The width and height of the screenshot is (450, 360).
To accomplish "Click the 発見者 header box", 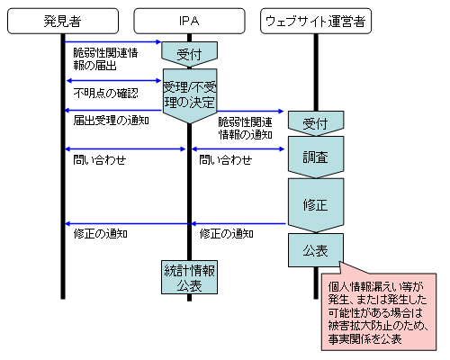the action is pyautogui.click(x=63, y=21).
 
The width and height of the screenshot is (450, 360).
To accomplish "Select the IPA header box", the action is pyautogui.click(x=189, y=21).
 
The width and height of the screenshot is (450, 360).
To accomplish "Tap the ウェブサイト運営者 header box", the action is pyautogui.click(x=316, y=21).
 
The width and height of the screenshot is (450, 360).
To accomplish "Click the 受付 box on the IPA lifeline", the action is pyautogui.click(x=189, y=54).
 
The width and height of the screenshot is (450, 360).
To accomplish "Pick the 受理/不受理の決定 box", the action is pyautogui.click(x=190, y=95).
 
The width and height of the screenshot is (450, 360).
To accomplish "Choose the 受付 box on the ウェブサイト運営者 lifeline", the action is pyautogui.click(x=316, y=123).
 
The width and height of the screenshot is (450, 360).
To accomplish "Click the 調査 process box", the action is pyautogui.click(x=316, y=157).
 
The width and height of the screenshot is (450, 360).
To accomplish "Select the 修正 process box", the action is pyautogui.click(x=316, y=205).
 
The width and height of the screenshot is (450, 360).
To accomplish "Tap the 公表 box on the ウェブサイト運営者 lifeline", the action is pyautogui.click(x=316, y=250).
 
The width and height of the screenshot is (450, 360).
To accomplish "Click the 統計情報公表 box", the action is pyautogui.click(x=189, y=277).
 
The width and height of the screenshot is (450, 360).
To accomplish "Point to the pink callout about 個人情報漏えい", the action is pyautogui.click(x=379, y=311).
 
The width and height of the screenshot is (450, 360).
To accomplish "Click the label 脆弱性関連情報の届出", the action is pyautogui.click(x=105, y=59).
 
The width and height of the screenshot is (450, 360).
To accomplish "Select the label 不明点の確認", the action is pyautogui.click(x=105, y=94).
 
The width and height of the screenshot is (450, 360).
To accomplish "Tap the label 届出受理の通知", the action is pyautogui.click(x=111, y=121).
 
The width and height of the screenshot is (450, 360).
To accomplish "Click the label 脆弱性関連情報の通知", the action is pyautogui.click(x=246, y=129).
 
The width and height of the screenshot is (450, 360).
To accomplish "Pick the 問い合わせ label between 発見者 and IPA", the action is pyautogui.click(x=100, y=160).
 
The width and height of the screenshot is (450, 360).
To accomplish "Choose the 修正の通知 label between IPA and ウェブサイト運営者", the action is pyautogui.click(x=227, y=234).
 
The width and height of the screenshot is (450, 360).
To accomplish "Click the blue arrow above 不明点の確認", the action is pyautogui.click(x=113, y=80).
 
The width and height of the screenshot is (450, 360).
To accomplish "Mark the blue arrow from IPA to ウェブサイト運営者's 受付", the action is pyautogui.click(x=250, y=112).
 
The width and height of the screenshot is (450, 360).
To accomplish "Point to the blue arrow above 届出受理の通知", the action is pyautogui.click(x=113, y=111).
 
